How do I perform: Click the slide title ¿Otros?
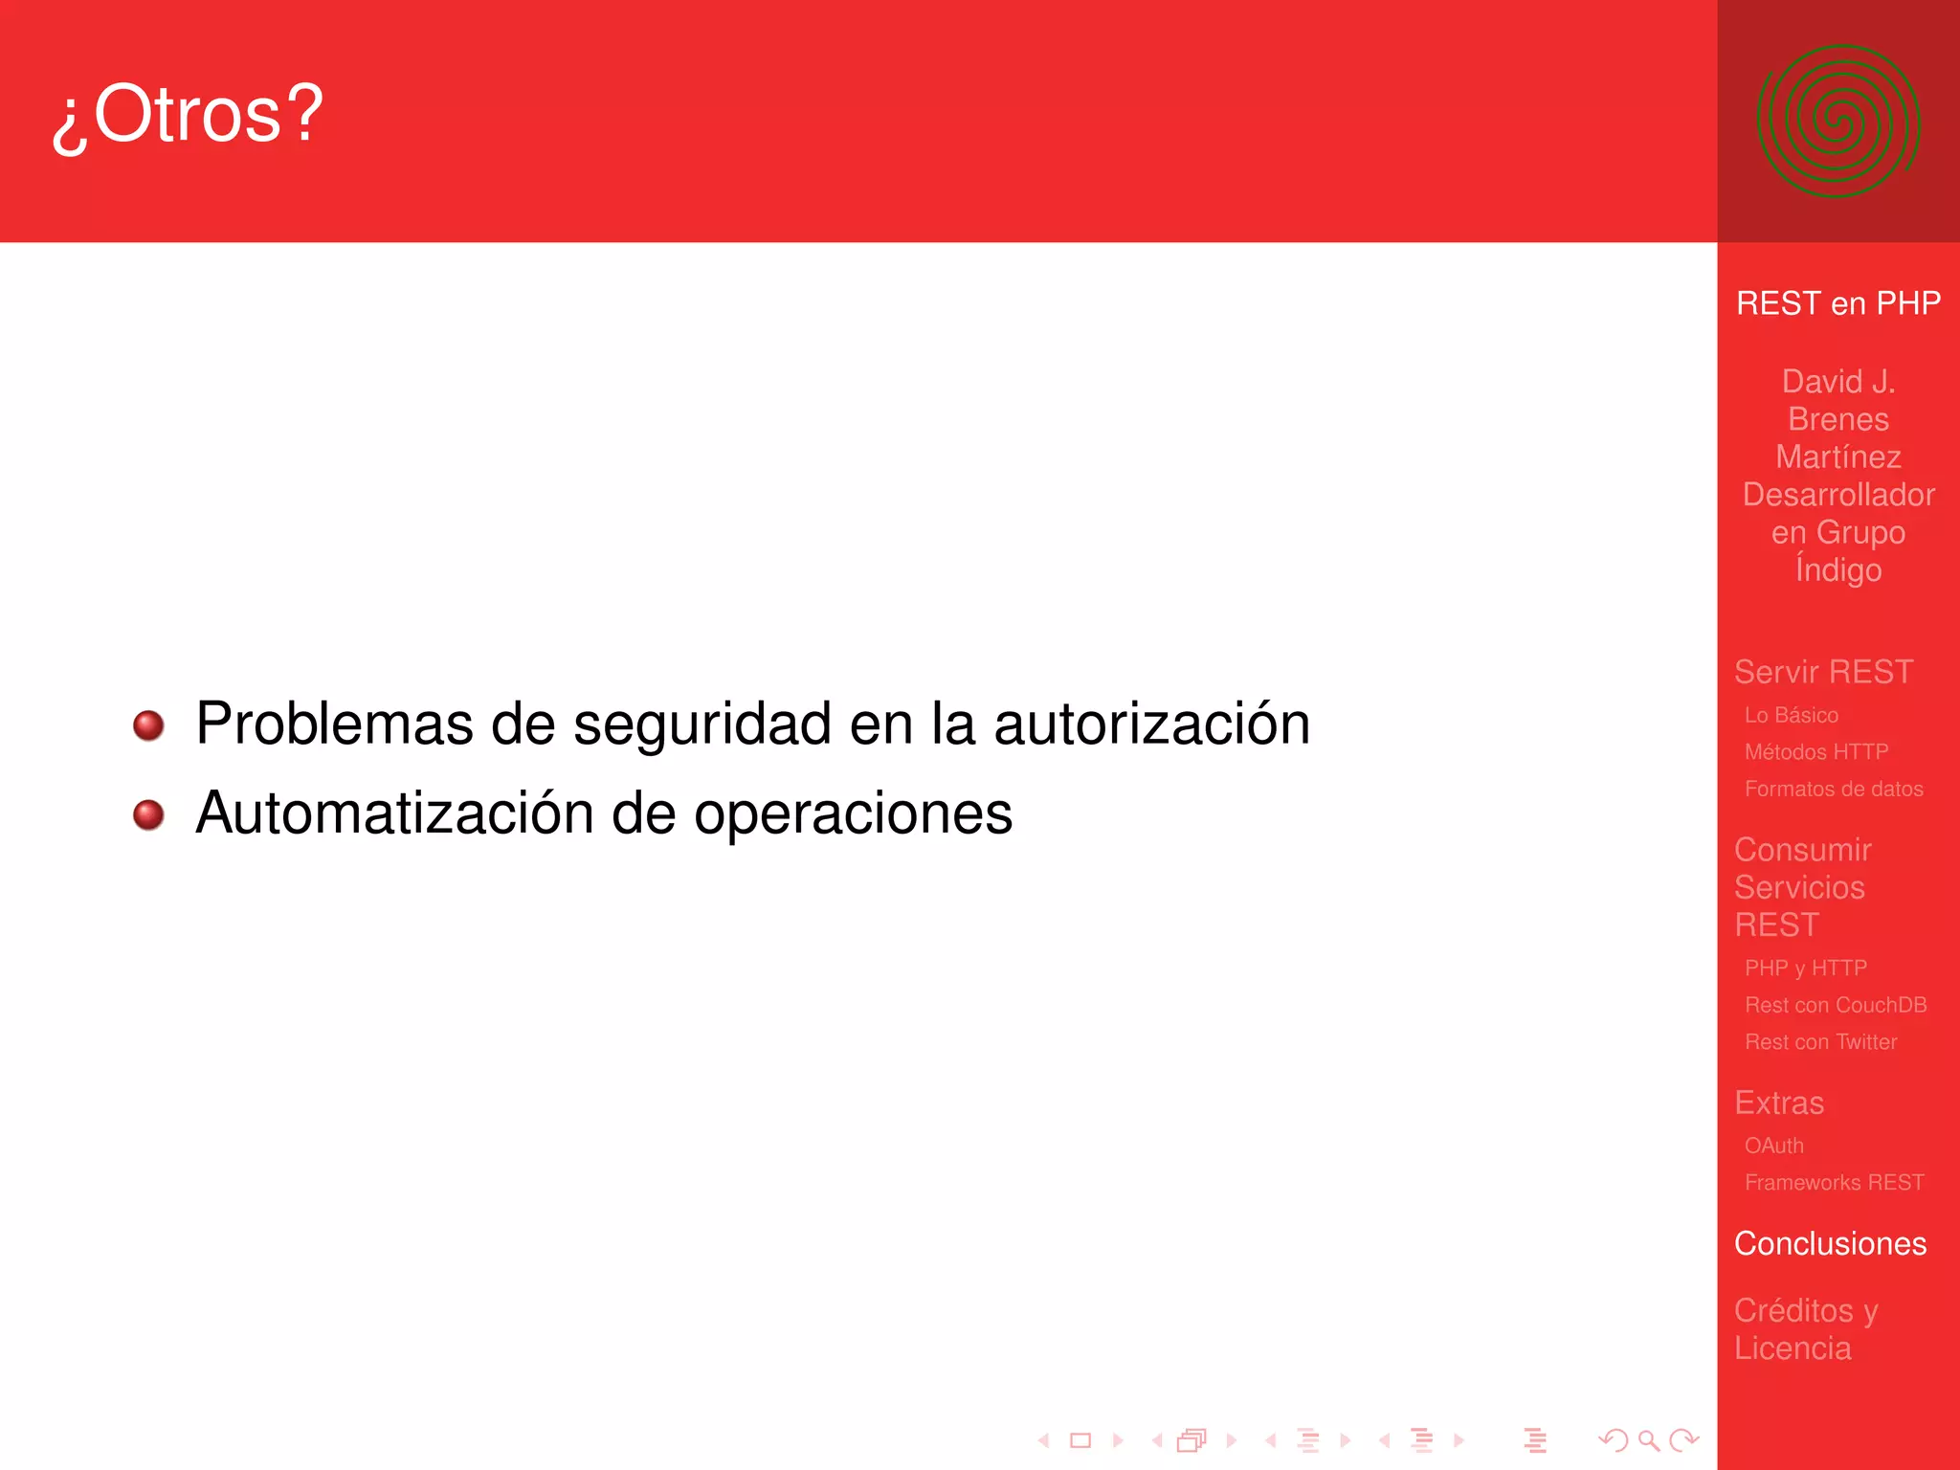tap(189, 116)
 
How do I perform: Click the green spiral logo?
tap(1837, 122)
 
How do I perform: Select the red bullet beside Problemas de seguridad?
tap(148, 725)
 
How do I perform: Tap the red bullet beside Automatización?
tap(148, 815)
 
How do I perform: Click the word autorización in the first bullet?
tap(1151, 724)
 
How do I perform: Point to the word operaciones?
tap(853, 815)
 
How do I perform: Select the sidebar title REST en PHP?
tap(1837, 303)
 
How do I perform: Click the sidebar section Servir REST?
tap(1823, 672)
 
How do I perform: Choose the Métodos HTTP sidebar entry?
tap(1815, 752)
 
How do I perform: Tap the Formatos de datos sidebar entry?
tap(1833, 790)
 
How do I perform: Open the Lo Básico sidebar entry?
tap(1791, 716)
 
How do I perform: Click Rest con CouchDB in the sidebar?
tap(1835, 1006)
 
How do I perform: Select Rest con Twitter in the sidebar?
tap(1820, 1042)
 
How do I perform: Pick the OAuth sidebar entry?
tap(1773, 1146)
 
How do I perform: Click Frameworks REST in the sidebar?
tap(1834, 1183)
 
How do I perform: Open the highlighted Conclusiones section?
tap(1830, 1244)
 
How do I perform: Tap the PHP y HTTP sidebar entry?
tap(1805, 969)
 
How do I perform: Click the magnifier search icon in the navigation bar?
tap(1648, 1440)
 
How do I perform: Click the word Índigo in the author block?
tap(1837, 570)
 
